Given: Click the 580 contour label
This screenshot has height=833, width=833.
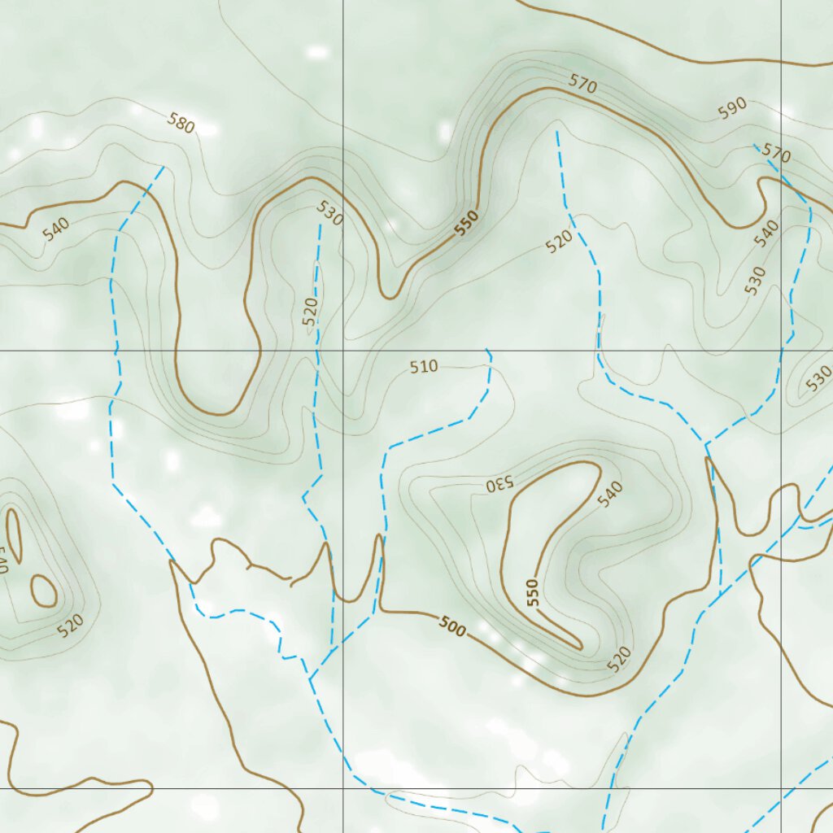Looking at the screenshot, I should tap(181, 123).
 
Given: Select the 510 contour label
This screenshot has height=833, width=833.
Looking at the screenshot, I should tap(424, 367).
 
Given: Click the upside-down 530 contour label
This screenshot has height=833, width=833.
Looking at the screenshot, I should tap(500, 483).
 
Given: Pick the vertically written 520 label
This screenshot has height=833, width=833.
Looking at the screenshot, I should tap(310, 312).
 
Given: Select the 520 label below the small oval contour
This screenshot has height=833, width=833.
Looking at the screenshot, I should tap(71, 624).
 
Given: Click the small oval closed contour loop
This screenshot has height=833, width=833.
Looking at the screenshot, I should tap(43, 591).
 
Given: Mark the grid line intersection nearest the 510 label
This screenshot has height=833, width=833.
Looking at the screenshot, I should tap(342, 351).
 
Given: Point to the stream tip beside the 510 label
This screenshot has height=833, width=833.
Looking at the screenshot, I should tap(487, 351).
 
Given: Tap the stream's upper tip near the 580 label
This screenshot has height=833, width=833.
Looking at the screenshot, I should tap(164, 168).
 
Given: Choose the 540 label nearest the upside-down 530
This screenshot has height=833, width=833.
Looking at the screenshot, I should tap(611, 493).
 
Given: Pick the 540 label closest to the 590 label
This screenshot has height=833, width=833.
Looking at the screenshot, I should tap(766, 233).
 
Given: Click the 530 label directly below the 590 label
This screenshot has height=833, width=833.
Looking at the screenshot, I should tap(755, 281).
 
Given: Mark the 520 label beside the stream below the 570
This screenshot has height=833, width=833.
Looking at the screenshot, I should tap(560, 242).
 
